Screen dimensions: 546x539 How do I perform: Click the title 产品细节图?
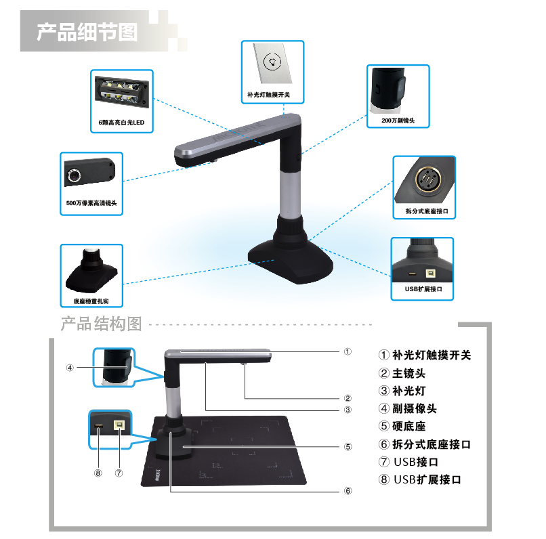click(87, 33)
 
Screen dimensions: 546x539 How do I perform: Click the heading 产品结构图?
click(102, 324)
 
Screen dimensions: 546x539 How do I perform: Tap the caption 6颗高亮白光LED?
click(121, 123)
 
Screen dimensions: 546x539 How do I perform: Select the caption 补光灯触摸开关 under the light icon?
click(268, 95)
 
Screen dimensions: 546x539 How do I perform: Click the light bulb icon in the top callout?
click(272, 62)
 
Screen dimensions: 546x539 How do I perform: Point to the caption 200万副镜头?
click(398, 121)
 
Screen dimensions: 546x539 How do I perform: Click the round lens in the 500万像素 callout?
click(74, 175)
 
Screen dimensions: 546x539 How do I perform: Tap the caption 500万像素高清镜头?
click(91, 203)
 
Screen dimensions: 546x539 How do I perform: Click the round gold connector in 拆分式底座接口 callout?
click(428, 179)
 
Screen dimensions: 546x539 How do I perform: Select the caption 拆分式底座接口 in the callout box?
click(427, 211)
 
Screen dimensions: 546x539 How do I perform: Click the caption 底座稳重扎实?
click(91, 301)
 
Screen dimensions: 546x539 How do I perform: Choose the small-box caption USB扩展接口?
click(423, 289)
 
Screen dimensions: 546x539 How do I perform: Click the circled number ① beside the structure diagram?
click(348, 351)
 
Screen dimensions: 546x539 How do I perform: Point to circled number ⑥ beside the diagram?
click(348, 491)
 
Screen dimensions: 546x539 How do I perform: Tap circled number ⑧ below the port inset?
click(98, 473)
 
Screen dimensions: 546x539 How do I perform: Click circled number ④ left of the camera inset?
click(70, 368)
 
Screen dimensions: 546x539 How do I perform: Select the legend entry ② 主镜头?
click(402, 373)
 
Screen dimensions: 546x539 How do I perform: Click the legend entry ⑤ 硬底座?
click(402, 426)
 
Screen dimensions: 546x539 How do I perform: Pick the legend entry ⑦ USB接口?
click(408, 462)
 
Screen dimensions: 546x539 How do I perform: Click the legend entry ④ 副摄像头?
click(407, 408)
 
